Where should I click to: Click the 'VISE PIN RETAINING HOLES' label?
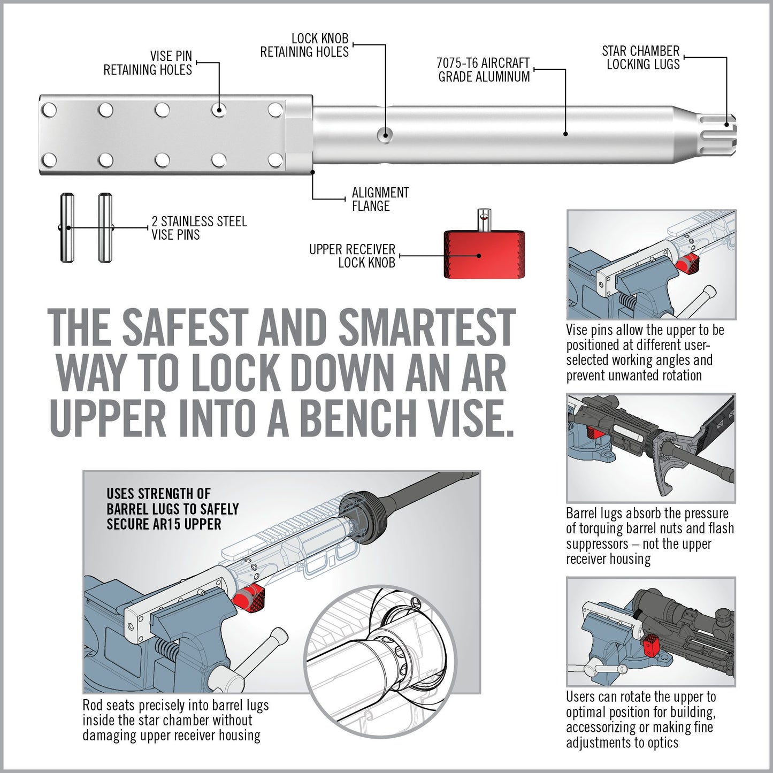tap(148, 63)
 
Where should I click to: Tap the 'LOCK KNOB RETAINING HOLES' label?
tap(304, 45)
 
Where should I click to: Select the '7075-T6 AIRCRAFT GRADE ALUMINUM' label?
tap(484, 70)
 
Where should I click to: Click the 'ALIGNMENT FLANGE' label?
tap(380, 200)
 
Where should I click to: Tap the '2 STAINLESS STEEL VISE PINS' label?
tap(199, 228)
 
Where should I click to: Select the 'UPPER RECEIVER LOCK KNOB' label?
tap(352, 256)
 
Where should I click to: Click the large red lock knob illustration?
tap(484, 254)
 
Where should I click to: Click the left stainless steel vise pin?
tap(67, 228)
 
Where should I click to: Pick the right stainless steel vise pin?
tap(105, 228)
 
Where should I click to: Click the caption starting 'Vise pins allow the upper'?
tap(645, 353)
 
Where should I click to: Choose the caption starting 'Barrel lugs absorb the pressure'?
tap(650, 537)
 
